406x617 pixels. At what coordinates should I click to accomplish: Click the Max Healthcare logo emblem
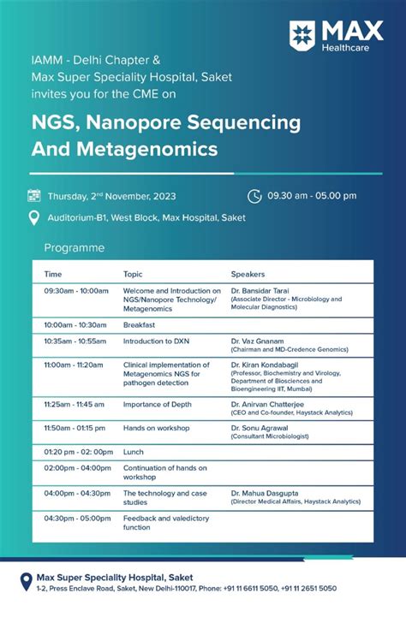tap(303, 34)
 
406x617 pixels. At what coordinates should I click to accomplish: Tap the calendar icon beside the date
tap(34, 195)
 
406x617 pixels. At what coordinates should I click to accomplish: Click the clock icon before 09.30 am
tap(254, 195)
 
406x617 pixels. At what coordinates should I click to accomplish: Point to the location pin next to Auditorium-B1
tap(34, 217)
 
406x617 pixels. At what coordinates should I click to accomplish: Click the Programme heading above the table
tap(75, 248)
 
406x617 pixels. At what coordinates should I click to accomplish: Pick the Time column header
tap(53, 274)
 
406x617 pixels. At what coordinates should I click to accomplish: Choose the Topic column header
tap(133, 274)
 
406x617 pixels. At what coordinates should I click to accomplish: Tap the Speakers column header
tap(248, 274)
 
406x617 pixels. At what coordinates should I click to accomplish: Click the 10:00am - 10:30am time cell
tap(75, 325)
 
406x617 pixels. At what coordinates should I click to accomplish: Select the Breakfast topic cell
tap(140, 325)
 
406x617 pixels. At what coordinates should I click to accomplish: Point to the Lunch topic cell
tap(134, 452)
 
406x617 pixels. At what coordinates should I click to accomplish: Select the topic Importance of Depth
tap(158, 404)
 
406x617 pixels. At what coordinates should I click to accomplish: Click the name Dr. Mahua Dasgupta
tap(266, 493)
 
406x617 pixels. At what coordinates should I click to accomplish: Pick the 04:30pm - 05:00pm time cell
tap(77, 518)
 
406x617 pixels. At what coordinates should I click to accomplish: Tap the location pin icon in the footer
tap(25, 582)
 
